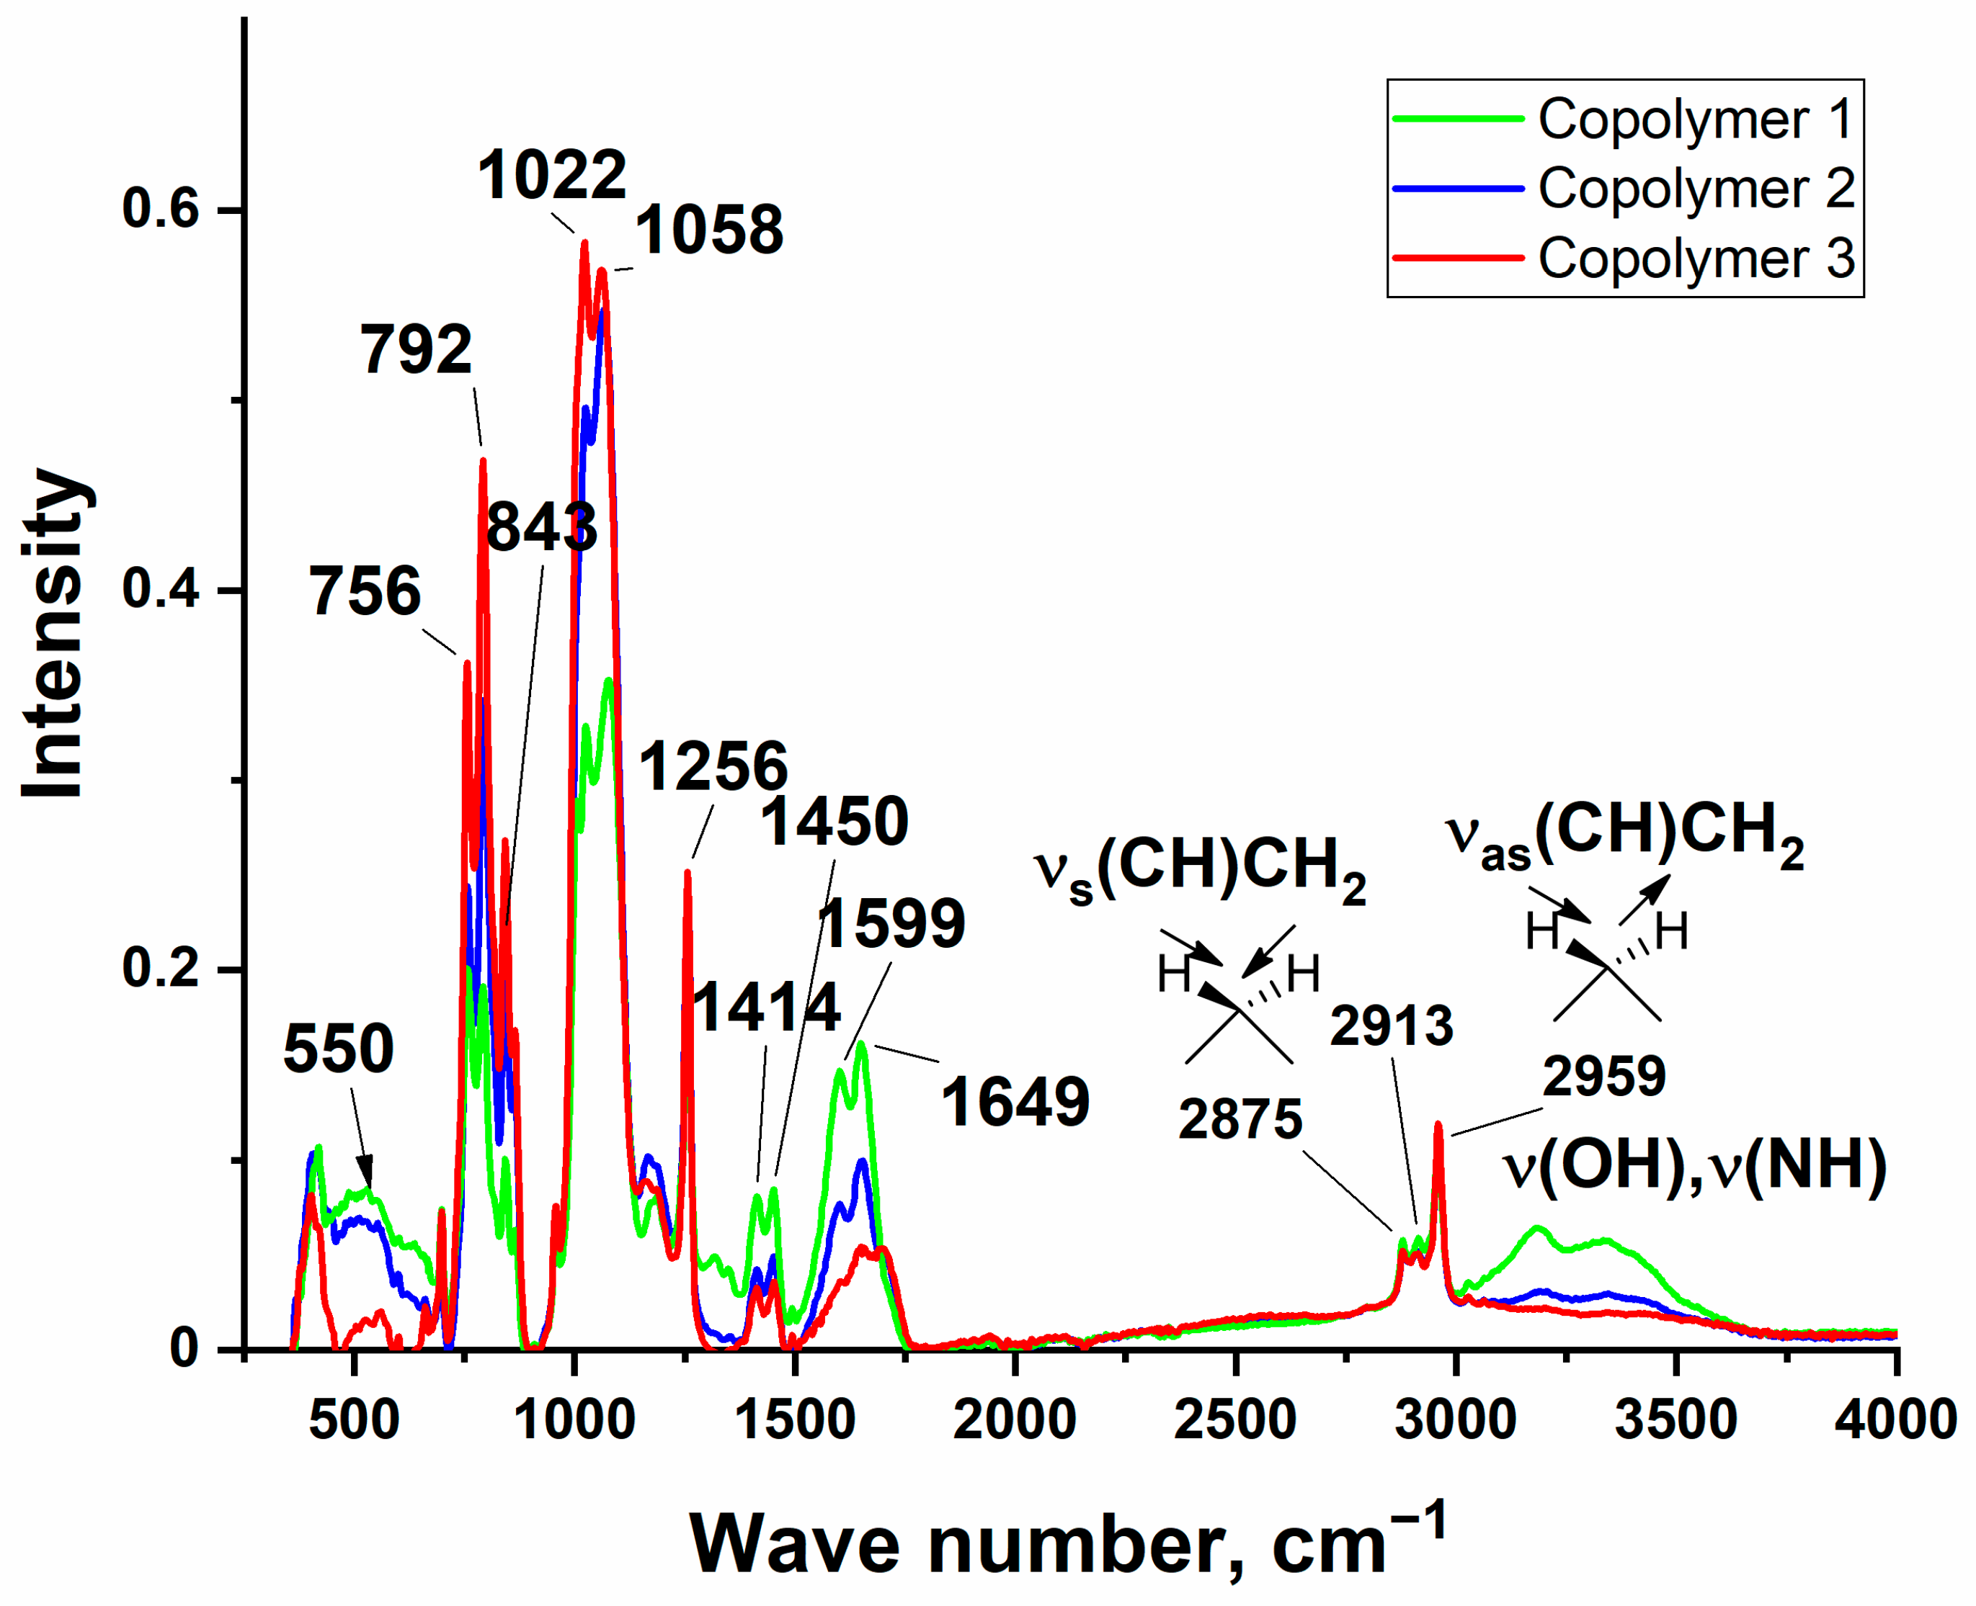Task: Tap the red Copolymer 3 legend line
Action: coord(1458,258)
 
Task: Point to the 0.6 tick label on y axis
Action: coord(161,208)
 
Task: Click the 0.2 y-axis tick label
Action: coord(161,969)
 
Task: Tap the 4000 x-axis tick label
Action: coord(1895,1419)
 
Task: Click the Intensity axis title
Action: coord(53,634)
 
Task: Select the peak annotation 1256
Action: coord(713,767)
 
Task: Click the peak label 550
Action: coord(339,1049)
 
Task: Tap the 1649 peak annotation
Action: coord(1015,1103)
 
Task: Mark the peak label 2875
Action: coord(1240,1119)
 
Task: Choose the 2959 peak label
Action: coord(1604,1076)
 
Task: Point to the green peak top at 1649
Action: coord(860,1044)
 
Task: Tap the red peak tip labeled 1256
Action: coord(687,871)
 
